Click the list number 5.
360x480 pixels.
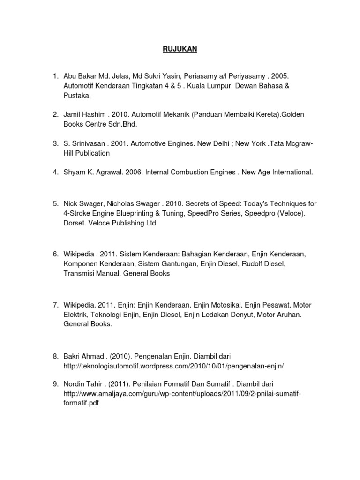coord(54,203)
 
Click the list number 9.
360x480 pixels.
coord(54,384)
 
